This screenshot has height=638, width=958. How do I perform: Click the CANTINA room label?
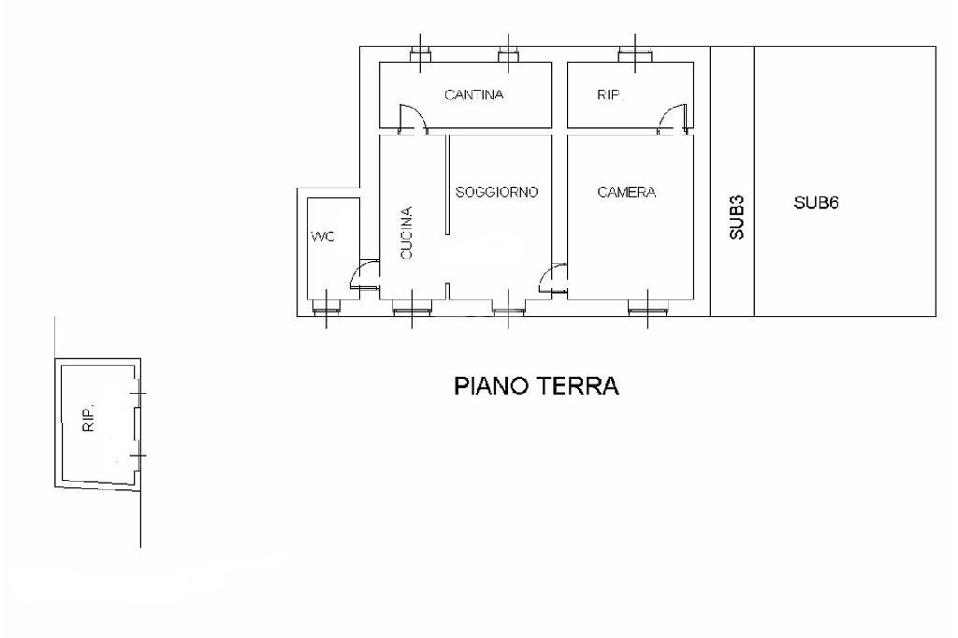click(473, 94)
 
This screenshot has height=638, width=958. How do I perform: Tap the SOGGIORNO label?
click(496, 193)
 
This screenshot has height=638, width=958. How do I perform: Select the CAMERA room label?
click(626, 193)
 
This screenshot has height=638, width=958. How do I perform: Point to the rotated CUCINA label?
click(406, 233)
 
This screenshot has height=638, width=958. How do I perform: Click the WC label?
click(322, 237)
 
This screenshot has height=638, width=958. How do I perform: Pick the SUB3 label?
click(736, 218)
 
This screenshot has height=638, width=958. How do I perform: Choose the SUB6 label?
click(816, 202)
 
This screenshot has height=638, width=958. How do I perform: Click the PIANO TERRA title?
click(536, 386)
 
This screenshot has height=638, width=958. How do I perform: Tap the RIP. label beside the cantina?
click(610, 94)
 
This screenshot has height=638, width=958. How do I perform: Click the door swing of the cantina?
click(412, 118)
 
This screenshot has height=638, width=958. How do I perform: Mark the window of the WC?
click(325, 306)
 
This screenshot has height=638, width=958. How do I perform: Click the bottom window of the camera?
click(646, 306)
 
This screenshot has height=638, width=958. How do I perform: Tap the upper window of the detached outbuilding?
click(138, 396)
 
